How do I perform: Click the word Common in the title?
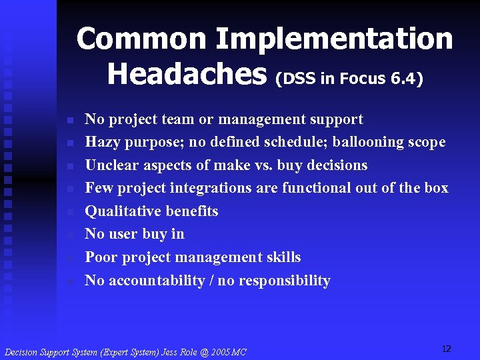(x=139, y=39)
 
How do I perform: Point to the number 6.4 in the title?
(x=405, y=79)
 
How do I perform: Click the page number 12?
(x=446, y=349)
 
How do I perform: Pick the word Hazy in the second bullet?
(x=100, y=142)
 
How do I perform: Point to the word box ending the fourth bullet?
(x=436, y=188)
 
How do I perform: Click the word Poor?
(x=101, y=257)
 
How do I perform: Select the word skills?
(x=283, y=257)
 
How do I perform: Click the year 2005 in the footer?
(x=211, y=352)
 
